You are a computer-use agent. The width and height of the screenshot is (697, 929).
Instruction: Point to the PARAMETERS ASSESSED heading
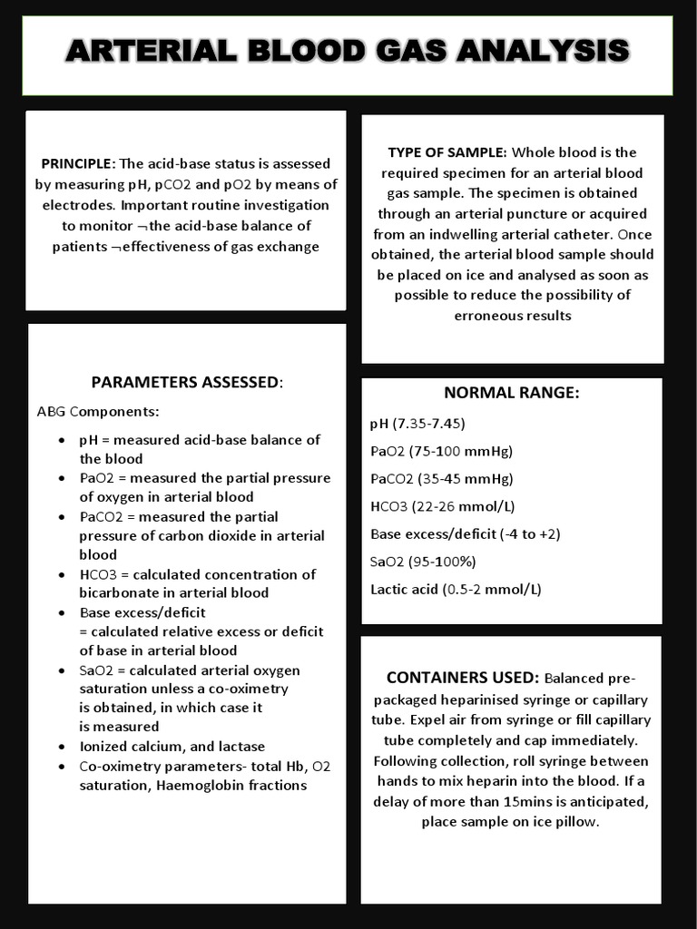pos(185,382)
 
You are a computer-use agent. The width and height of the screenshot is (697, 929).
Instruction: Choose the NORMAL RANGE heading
pos(511,393)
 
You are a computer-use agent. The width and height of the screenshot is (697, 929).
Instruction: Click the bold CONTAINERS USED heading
pos(463,679)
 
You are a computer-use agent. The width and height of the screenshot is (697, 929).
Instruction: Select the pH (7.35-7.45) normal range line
pos(417,423)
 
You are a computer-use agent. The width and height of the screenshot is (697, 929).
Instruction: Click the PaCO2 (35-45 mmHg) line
pos(442,478)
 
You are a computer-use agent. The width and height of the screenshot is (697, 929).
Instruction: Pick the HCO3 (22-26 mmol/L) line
pos(443,506)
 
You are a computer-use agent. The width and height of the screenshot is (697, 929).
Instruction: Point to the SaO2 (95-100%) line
pos(423,562)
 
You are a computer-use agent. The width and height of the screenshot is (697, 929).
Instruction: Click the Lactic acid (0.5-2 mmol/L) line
pos(456,589)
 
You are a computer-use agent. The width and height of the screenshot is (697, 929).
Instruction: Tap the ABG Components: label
pos(98,411)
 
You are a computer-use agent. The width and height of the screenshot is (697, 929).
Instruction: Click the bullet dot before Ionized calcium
pos(60,747)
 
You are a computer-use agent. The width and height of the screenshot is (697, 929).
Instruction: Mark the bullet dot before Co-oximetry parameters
pos(60,767)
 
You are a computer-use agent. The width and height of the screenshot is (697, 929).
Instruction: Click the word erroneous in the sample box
pos(487,315)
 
